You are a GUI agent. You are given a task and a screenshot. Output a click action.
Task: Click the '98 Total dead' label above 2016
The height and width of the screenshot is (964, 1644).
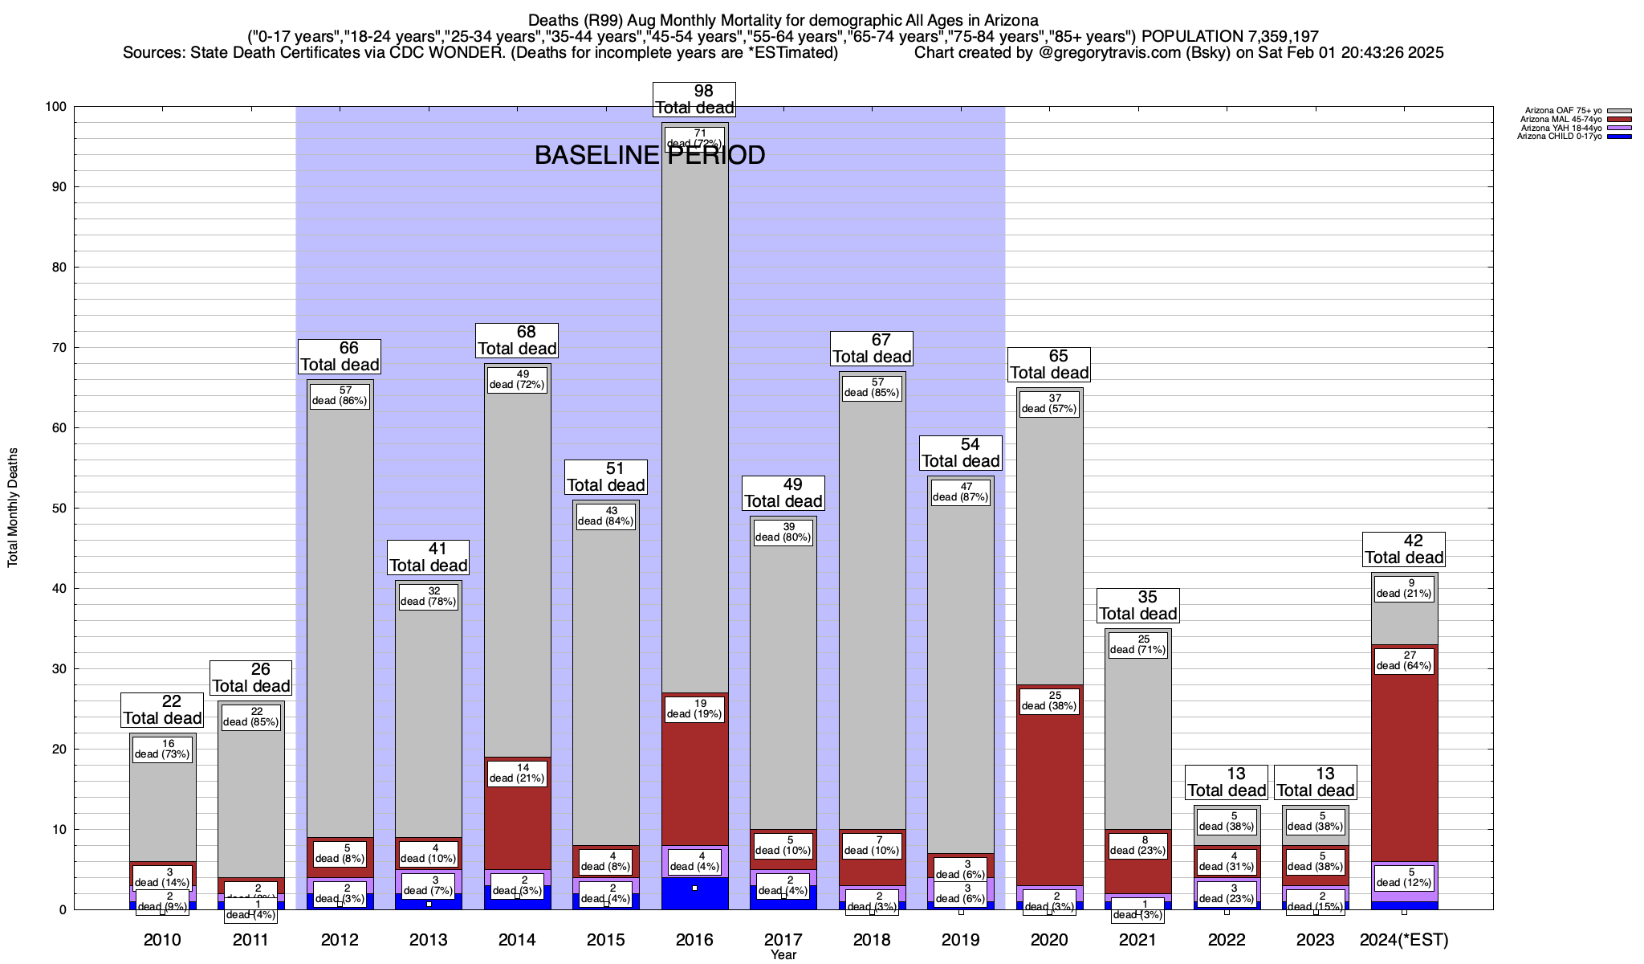pos(694,100)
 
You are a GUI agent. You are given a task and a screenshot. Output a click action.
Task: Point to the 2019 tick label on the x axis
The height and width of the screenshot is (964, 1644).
pos(961,940)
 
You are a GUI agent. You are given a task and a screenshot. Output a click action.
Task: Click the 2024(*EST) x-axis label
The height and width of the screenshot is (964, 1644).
pos(1404,940)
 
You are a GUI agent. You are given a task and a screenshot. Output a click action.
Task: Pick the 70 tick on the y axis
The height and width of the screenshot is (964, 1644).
pos(58,348)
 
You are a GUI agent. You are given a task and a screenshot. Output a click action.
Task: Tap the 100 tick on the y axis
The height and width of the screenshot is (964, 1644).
pos(55,107)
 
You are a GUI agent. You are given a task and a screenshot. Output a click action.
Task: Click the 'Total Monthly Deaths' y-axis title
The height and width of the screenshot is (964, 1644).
pos(13,508)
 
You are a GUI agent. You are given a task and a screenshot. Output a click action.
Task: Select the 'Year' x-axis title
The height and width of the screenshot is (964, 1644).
pos(783,955)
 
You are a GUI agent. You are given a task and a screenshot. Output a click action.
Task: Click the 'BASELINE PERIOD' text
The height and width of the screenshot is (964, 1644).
pos(649,156)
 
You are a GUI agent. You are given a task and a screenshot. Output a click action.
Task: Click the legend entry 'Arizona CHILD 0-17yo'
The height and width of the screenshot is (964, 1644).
pos(1558,137)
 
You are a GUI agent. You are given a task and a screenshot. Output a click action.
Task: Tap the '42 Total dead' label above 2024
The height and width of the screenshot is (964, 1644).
pos(1404,549)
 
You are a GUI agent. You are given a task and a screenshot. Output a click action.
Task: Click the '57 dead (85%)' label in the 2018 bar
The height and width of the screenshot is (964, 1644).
pos(872,388)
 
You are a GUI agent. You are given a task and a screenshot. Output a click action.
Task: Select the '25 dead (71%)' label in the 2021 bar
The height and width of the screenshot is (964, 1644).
pos(1138,645)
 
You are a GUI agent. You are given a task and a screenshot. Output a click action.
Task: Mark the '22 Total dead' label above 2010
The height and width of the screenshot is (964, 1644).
pos(162,710)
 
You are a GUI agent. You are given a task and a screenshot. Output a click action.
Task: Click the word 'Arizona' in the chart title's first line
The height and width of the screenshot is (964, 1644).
pos(1009,20)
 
